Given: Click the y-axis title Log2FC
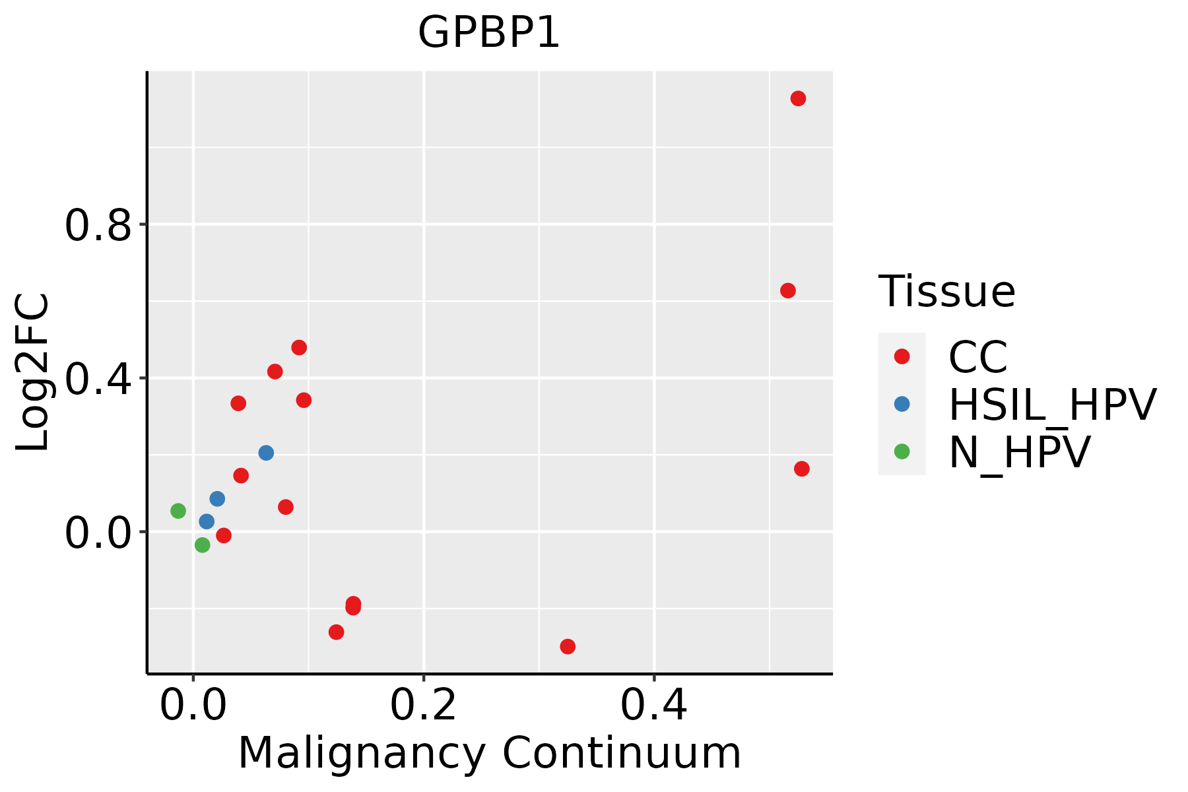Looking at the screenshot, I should [33, 372].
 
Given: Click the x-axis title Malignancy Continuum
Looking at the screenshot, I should [489, 753].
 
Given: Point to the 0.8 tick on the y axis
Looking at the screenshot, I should [97, 225].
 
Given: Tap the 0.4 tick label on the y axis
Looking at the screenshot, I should [97, 379].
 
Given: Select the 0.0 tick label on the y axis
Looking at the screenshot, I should [97, 533].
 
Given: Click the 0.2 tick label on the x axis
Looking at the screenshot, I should [423, 706].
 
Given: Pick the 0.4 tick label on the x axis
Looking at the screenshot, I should [653, 706].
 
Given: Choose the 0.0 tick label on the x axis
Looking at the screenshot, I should [193, 706].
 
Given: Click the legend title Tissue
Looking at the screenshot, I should [946, 291].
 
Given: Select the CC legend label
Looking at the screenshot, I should [977, 357].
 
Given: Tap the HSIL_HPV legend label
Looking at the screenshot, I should [1052, 405].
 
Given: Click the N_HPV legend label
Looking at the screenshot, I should [1019, 452].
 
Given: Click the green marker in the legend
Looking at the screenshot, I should [902, 452].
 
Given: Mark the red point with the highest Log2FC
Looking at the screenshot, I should [798, 99].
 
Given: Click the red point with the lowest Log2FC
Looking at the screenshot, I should [568, 646].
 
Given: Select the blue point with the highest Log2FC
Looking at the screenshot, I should [266, 453].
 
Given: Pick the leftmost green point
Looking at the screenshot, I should [178, 511].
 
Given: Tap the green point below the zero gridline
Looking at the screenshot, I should [203, 545].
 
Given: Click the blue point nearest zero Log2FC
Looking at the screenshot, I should [207, 521].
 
